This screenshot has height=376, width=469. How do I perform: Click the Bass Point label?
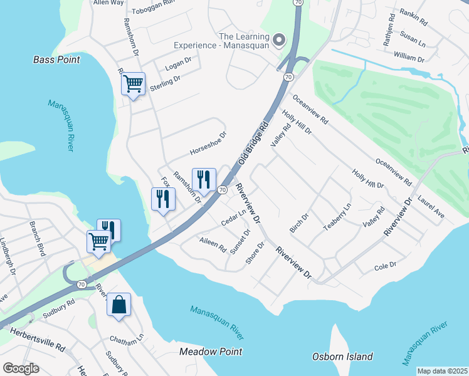coord(56,60)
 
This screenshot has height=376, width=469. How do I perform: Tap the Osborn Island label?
coord(342,357)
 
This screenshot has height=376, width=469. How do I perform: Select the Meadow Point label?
coord(211,352)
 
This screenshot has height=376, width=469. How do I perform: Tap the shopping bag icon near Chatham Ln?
coord(119,305)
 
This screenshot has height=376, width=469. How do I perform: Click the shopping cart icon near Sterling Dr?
coord(133,83)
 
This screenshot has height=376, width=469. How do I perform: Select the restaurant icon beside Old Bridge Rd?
coord(203,180)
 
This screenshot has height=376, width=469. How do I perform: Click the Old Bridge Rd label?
coord(253,141)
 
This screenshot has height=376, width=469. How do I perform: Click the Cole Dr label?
coord(385,265)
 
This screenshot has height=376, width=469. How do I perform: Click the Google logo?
coord(20,368)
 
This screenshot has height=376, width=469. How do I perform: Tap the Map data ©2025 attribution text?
coord(441,371)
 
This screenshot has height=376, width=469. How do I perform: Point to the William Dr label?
coord(409,57)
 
